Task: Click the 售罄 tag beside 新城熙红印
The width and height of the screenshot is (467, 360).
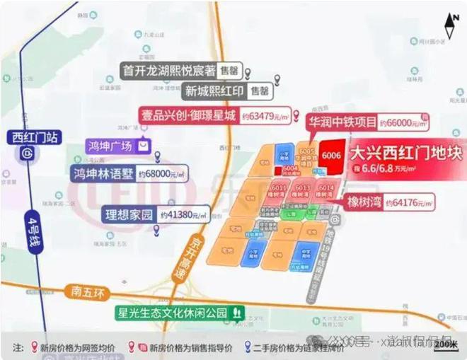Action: [260, 91]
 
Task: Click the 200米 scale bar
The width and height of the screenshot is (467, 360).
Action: [444, 344]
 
